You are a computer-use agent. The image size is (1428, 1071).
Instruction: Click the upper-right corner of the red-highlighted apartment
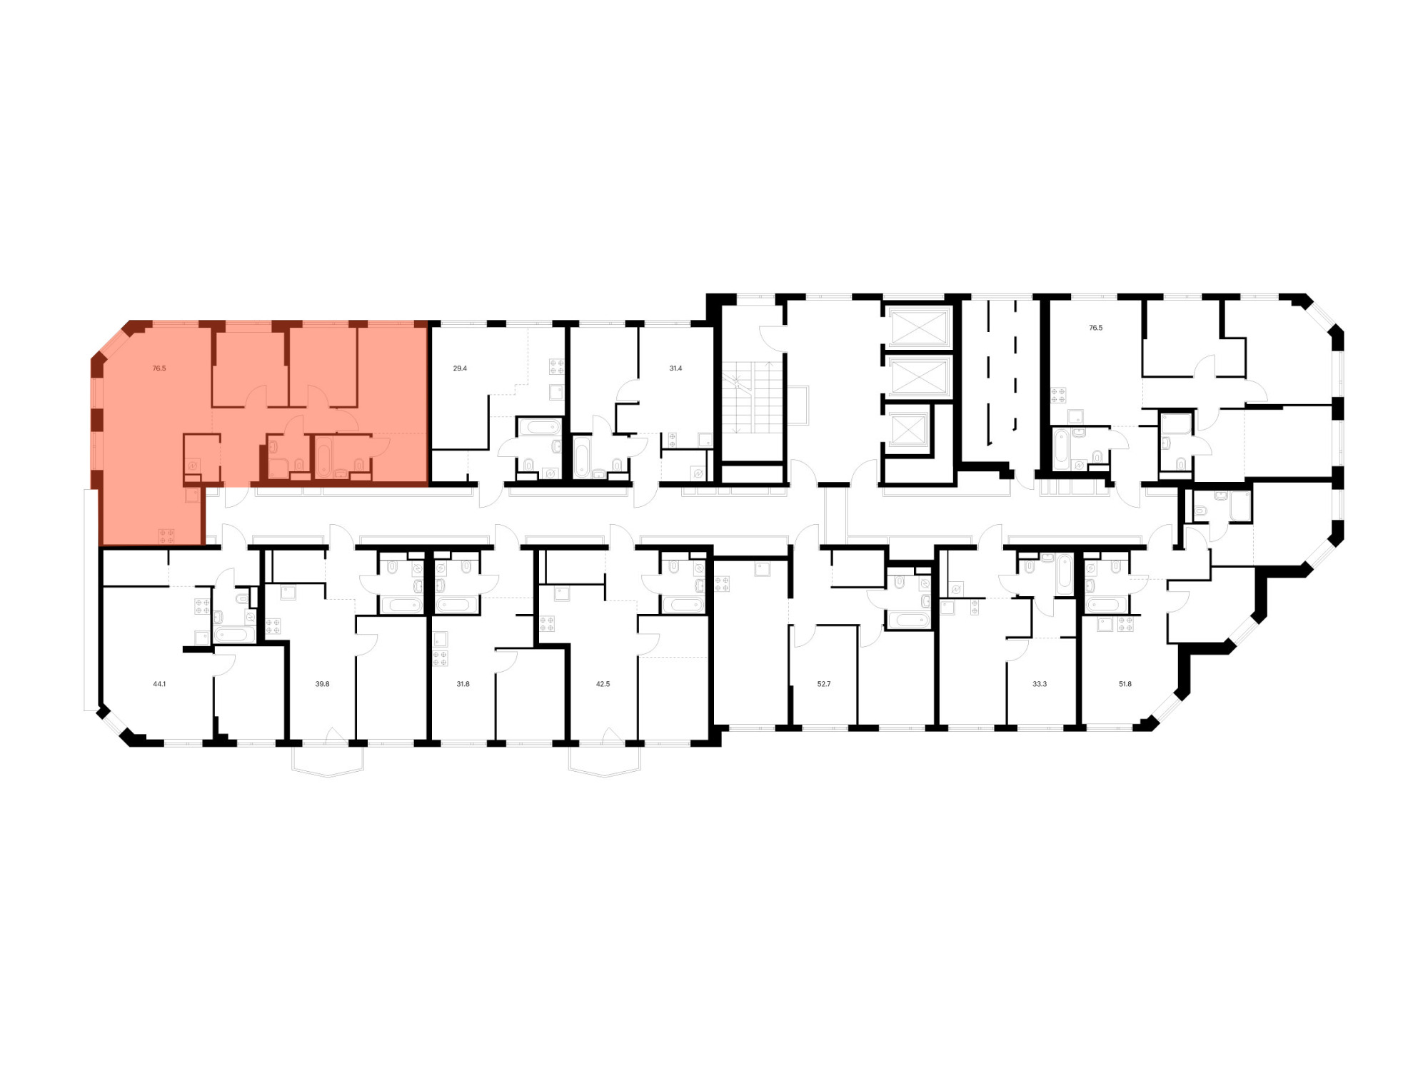point(428,321)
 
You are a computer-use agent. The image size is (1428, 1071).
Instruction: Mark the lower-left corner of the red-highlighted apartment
point(99,545)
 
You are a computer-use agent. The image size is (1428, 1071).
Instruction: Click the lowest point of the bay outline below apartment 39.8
point(328,776)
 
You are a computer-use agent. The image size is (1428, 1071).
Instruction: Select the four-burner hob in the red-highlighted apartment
point(166,536)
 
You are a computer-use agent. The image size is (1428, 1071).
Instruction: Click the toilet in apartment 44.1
point(243,598)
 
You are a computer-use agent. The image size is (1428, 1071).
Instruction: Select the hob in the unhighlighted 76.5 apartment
point(1058,395)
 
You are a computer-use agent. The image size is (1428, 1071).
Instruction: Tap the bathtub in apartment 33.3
point(1065,574)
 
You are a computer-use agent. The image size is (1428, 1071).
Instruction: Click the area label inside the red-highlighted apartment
point(159,368)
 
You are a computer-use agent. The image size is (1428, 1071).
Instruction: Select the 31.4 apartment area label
point(675,368)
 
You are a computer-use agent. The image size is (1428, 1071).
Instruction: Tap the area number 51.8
point(1125,684)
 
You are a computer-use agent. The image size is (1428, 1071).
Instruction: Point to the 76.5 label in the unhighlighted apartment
point(1096,328)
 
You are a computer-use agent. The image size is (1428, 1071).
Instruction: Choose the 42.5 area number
point(603,684)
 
